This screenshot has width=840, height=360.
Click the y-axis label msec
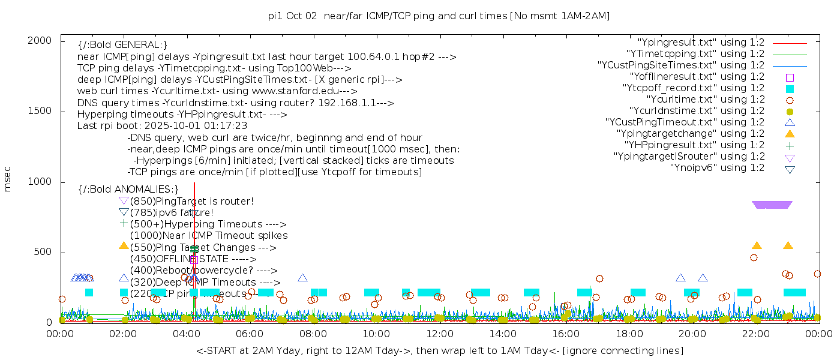tap(8, 179)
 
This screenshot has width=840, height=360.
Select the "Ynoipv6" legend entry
tap(717, 168)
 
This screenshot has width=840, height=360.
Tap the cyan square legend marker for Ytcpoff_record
tap(790, 88)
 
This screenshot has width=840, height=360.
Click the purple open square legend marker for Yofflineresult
tap(790, 77)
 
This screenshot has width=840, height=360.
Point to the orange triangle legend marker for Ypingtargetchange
tap(790, 134)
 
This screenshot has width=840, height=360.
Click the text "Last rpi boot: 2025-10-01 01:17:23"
tap(162, 126)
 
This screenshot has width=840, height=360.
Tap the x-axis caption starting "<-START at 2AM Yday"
tap(439, 350)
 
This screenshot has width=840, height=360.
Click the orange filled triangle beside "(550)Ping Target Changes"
tap(124, 245)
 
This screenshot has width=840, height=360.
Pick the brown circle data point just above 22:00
tap(754, 258)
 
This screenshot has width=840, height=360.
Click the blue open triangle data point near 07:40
tap(303, 278)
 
